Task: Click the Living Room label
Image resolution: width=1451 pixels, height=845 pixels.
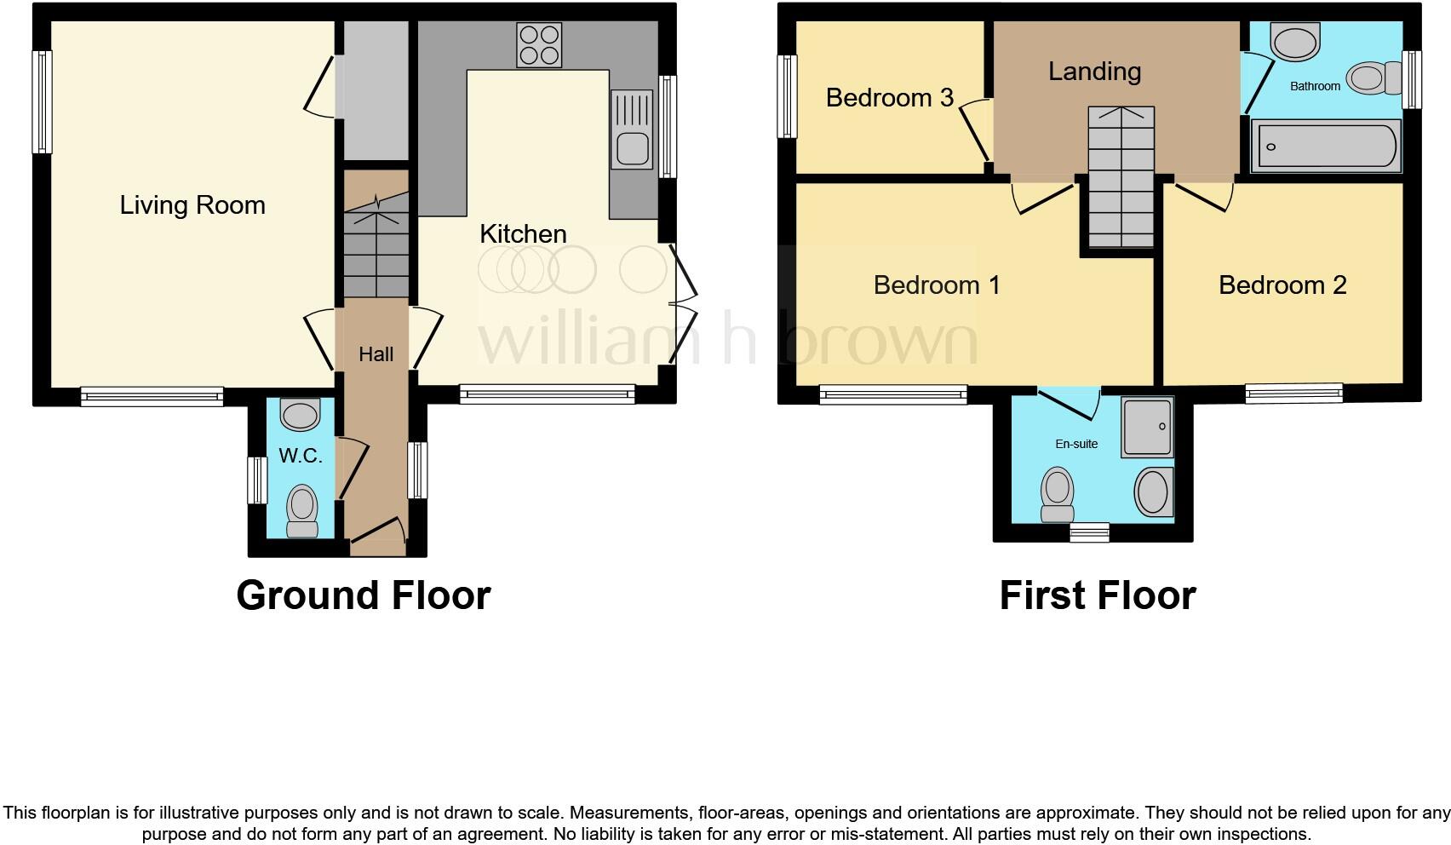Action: coord(192,205)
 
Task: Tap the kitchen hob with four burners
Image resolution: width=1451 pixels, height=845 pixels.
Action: coord(539,45)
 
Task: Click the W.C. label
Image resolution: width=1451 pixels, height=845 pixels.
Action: coord(301,456)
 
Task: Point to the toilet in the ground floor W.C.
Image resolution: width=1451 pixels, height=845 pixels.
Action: coord(301,509)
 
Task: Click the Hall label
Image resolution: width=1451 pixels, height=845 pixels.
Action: coord(376,354)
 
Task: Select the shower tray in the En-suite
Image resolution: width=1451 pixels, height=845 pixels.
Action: coord(1147,425)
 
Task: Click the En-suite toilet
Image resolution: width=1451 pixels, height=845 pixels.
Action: coord(1058,494)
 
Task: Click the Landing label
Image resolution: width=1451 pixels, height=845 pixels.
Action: coord(1094,72)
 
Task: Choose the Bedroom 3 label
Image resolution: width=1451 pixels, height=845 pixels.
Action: coord(889,98)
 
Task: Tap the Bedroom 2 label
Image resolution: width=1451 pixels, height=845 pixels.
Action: coord(1282,285)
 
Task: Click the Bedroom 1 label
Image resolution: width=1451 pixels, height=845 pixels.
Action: coord(936,285)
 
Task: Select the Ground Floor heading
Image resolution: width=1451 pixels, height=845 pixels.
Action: coord(364,595)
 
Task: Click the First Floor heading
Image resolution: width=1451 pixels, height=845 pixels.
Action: coord(1097,595)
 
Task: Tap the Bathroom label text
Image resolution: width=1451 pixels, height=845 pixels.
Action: coord(1314,86)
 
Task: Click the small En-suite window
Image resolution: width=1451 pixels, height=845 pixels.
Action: coord(1089,532)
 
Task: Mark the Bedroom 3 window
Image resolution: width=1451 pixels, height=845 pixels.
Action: coord(788,96)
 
